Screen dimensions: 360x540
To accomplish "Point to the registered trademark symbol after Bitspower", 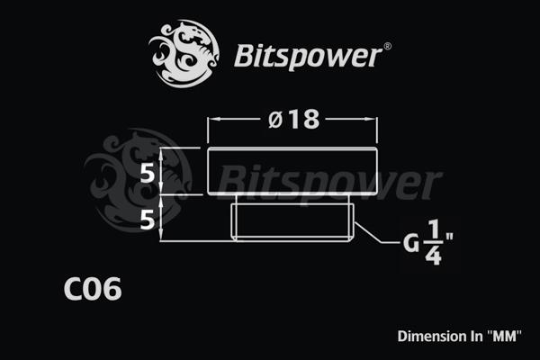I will coord(388,45).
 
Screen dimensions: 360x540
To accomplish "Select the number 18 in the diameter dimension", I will coord(304,120).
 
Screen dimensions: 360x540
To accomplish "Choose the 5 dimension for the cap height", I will coord(149,174).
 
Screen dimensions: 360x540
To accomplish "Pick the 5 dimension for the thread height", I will coord(149,219).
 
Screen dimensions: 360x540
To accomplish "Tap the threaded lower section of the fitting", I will coord(292,219).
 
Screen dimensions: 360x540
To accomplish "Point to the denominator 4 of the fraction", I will coord(433,256).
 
